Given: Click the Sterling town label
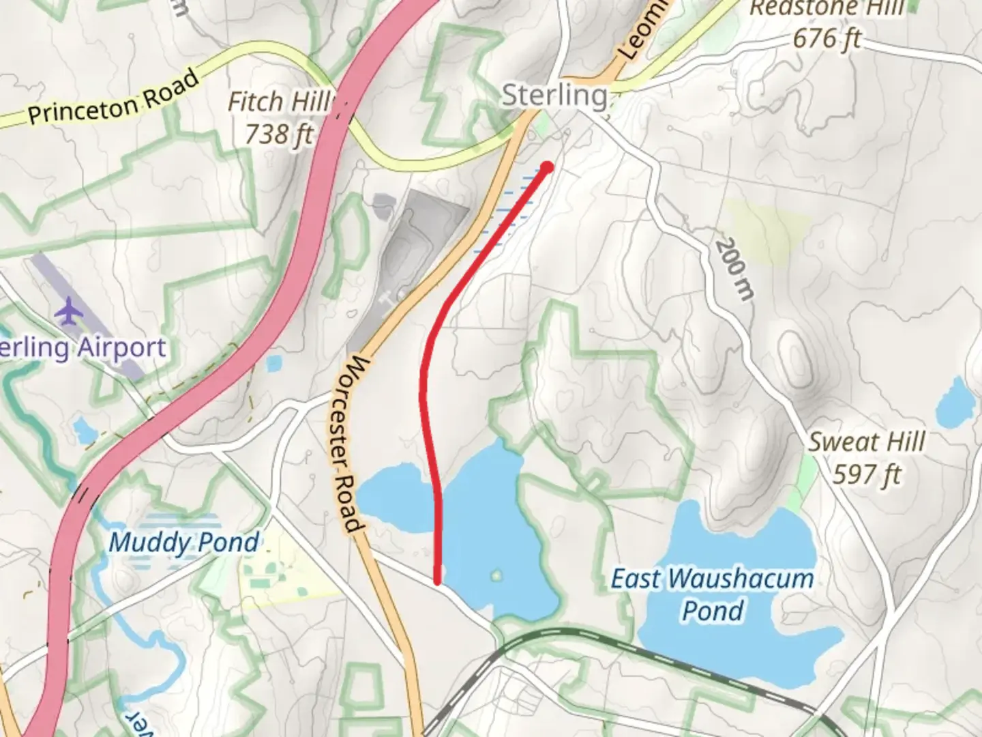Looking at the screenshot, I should pyautogui.click(x=554, y=96).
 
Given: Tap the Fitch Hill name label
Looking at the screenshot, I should pyautogui.click(x=278, y=102).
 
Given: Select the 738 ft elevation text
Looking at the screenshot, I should pyautogui.click(x=278, y=134).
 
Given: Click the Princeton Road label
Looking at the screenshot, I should pyautogui.click(x=114, y=97).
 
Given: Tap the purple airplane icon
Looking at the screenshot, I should pyautogui.click(x=69, y=311).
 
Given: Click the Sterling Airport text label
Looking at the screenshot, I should pyautogui.click(x=83, y=348).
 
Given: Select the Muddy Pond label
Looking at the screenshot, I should pyautogui.click(x=184, y=543).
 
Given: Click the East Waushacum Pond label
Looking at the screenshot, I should pyautogui.click(x=713, y=594).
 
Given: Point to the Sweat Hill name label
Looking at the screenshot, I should pyautogui.click(x=867, y=442).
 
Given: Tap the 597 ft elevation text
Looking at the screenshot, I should pyautogui.click(x=867, y=474).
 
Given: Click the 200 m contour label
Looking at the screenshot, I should pyautogui.click(x=735, y=269).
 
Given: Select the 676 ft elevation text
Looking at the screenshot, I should pyautogui.click(x=827, y=38).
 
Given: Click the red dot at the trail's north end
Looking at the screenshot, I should pyautogui.click(x=547, y=167).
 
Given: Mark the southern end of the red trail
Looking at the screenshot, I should pyautogui.click(x=437, y=581).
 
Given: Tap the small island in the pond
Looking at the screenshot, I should pyautogui.click(x=496, y=576).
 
